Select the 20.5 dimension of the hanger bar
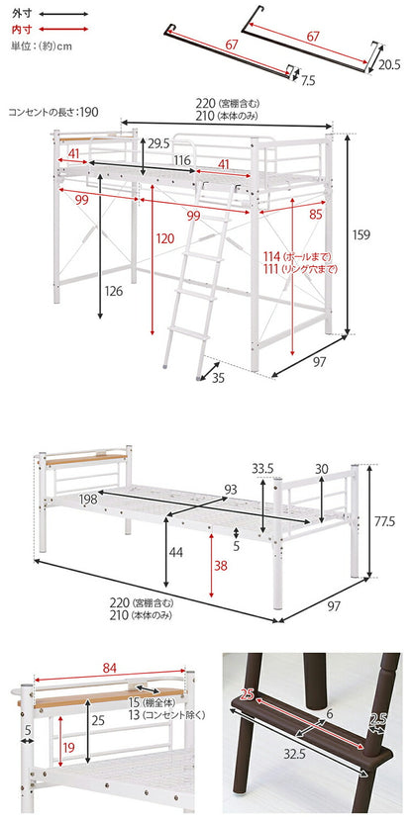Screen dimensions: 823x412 pyautogui.click(x=389, y=64)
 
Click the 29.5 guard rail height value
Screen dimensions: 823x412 pyautogui.click(x=158, y=143)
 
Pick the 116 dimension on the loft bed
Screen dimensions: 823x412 pyautogui.click(x=181, y=159)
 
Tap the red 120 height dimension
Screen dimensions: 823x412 pyautogui.click(x=163, y=238)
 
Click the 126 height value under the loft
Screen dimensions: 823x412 pyautogui.click(x=113, y=290)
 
